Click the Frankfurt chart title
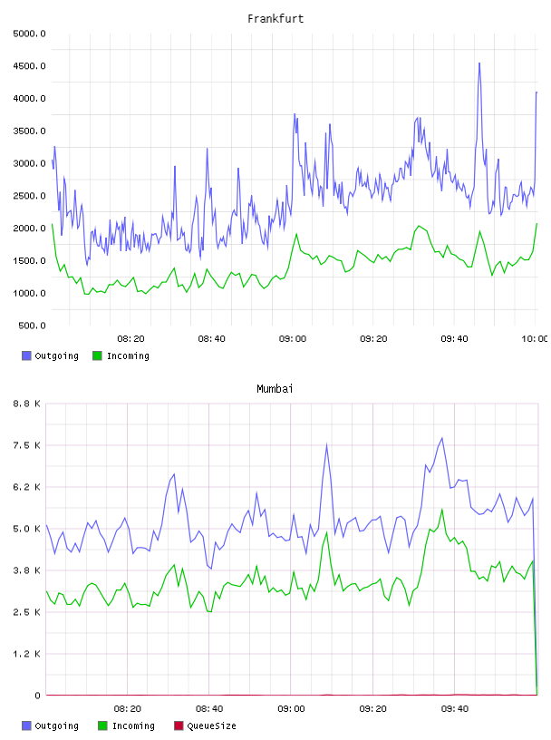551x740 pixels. tap(275, 19)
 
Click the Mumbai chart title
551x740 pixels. tap(275, 389)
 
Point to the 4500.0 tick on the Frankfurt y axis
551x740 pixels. tap(29, 66)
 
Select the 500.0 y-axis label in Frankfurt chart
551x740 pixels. tap(32, 326)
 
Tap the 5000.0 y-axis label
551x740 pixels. tap(29, 34)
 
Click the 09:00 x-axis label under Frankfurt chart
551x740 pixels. tap(293, 339)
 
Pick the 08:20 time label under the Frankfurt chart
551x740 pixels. tap(130, 339)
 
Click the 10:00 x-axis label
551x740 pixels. tap(535, 339)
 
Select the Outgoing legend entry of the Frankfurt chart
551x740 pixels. tap(50, 355)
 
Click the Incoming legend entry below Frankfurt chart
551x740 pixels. tap(121, 355)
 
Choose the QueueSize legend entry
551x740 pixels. tap(205, 725)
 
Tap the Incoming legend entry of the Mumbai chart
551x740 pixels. tap(126, 725)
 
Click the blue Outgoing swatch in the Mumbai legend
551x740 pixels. tap(26, 725)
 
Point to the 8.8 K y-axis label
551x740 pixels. tap(27, 404)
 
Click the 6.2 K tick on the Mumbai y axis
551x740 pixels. tap(27, 487)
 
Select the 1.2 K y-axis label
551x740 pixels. tap(27, 654)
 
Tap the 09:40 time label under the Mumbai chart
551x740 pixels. tap(455, 709)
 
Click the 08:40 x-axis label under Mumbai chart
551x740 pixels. tap(209, 709)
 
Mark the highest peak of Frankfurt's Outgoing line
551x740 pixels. tap(479, 63)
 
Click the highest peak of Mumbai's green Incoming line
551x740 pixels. tap(442, 510)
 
